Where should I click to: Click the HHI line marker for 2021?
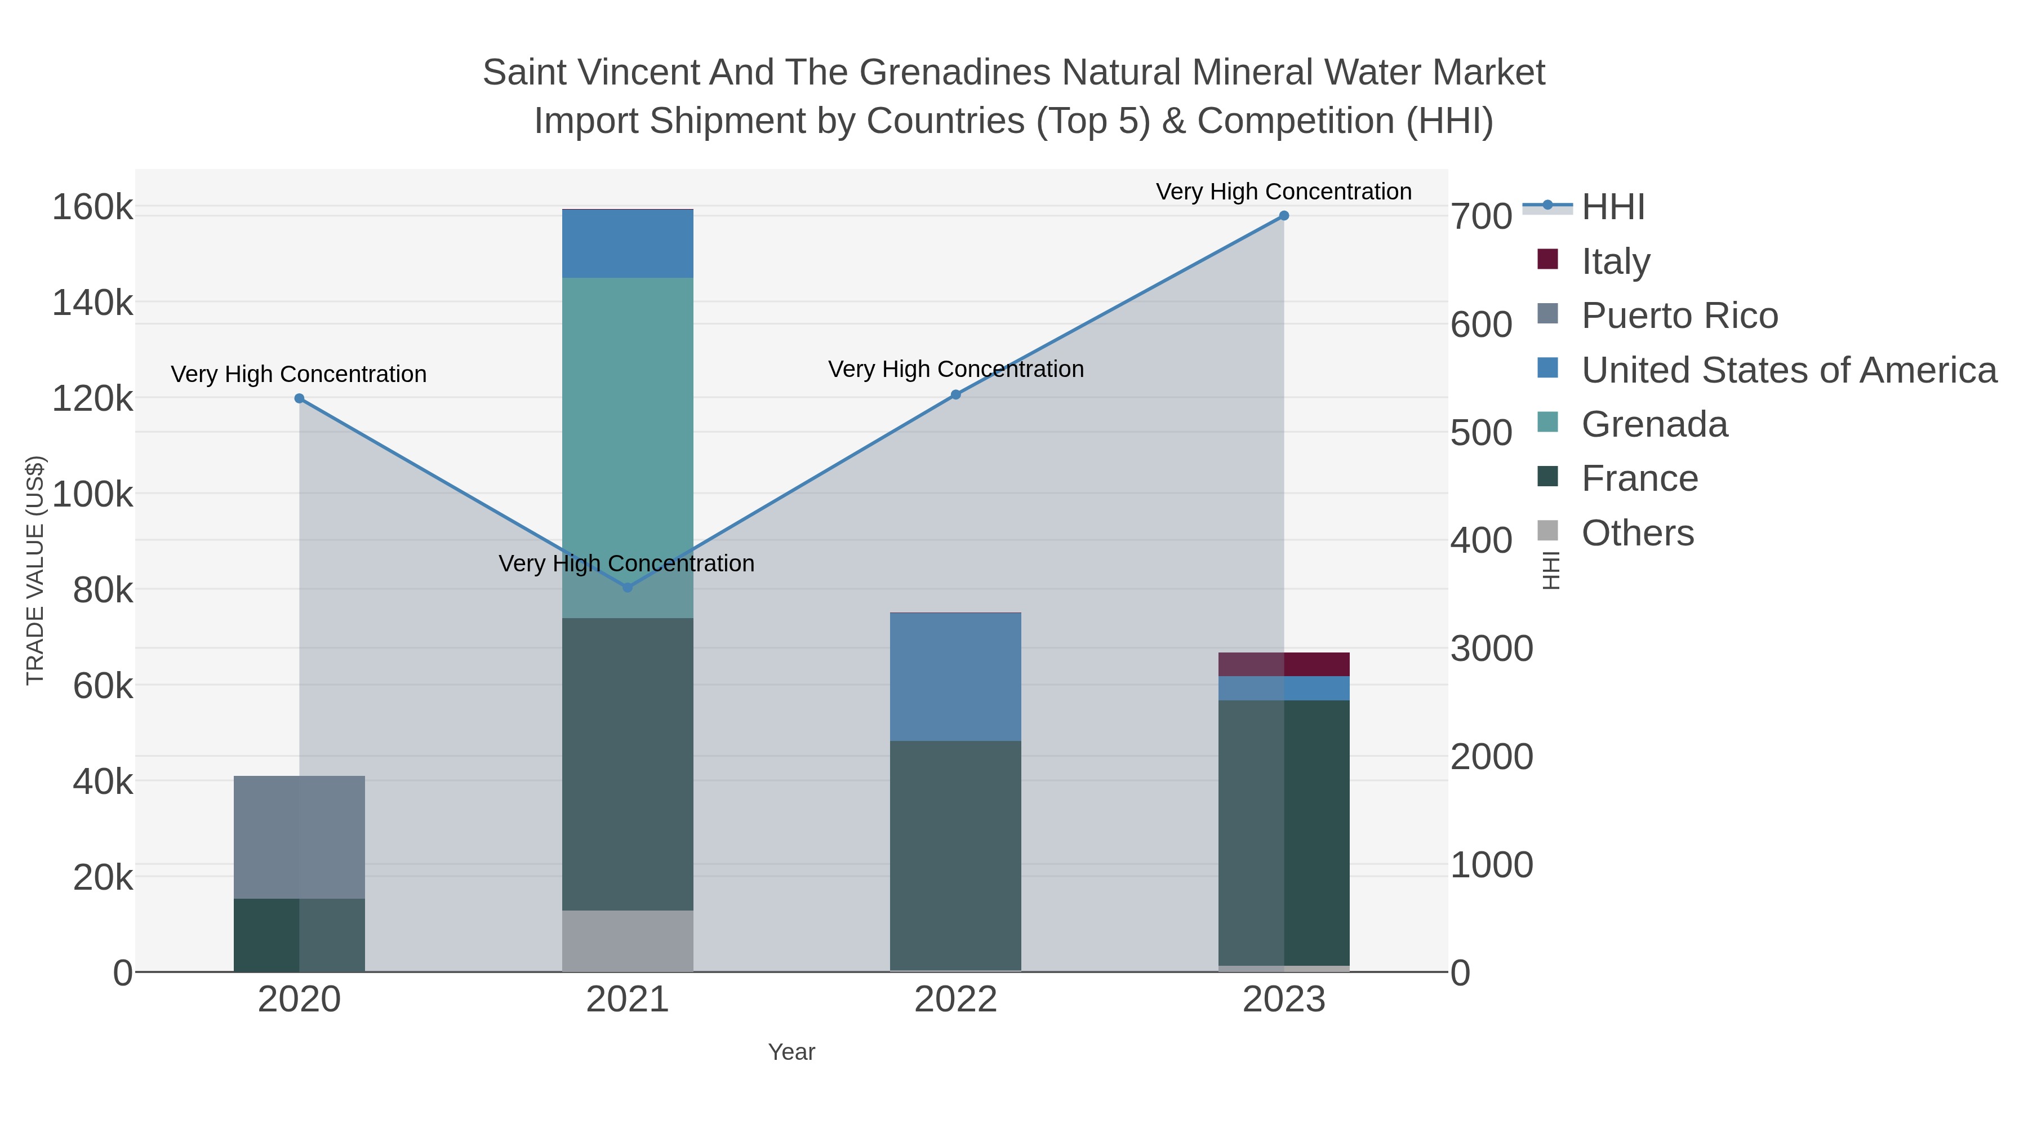point(628,588)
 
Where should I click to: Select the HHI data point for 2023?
point(1284,216)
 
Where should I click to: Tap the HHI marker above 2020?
point(299,398)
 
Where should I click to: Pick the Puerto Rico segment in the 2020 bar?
point(299,837)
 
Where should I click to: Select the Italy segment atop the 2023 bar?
point(1284,665)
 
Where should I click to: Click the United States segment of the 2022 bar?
point(956,677)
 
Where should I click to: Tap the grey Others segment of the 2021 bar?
point(628,941)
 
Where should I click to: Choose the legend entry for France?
point(1639,479)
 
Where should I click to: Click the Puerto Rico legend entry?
point(1679,316)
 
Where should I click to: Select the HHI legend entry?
point(1612,207)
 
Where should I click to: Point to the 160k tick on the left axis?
point(92,208)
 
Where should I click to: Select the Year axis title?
point(791,1052)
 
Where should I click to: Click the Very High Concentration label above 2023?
point(1283,192)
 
